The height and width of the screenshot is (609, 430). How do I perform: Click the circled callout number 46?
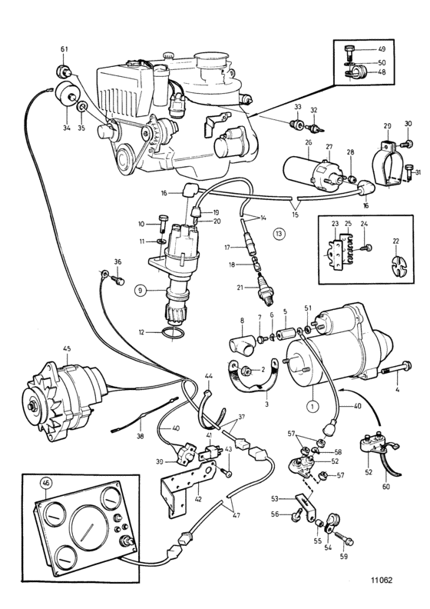click(x=46, y=484)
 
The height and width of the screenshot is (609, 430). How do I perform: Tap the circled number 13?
click(x=279, y=234)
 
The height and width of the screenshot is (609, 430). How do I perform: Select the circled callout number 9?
click(x=141, y=289)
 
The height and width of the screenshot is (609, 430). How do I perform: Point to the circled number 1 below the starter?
click(x=313, y=406)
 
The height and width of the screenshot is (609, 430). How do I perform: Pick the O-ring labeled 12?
click(x=174, y=333)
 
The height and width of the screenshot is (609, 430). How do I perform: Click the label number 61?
click(x=64, y=49)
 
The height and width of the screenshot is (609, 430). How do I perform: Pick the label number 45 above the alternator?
click(x=67, y=348)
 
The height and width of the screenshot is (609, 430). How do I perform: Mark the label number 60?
click(x=386, y=487)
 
